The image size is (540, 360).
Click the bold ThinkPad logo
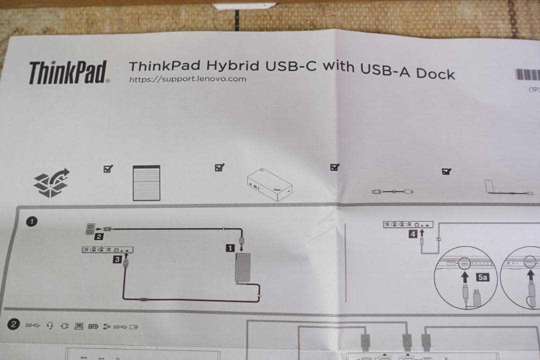[68, 72]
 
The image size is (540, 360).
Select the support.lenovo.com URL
[187, 79]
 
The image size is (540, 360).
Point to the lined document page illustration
[146, 183]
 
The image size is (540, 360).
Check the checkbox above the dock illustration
[219, 168]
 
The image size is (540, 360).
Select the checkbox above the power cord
[335, 167]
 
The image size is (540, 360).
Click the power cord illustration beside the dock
[393, 191]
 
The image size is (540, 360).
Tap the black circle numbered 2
[14, 324]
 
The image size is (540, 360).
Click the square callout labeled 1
[230, 247]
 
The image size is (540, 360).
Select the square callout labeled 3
[116, 259]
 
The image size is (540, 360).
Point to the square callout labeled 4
[413, 233]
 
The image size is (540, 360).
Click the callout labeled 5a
[482, 276]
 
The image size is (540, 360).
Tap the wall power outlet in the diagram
[90, 228]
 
